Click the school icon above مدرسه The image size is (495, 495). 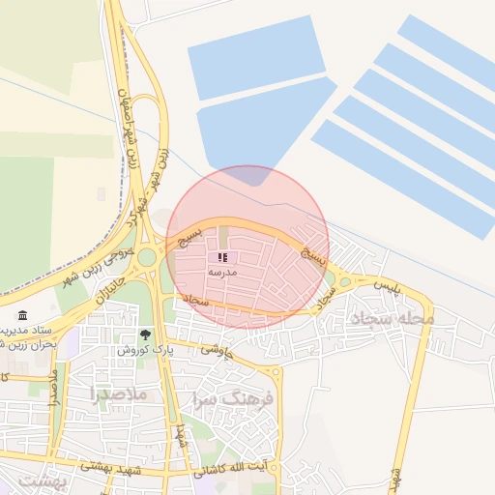(223, 258)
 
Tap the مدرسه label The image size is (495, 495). (222, 274)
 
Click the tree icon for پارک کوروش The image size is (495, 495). (145, 335)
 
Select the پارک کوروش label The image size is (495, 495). (142, 350)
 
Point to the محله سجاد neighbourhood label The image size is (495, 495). (393, 318)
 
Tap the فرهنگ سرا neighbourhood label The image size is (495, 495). (235, 397)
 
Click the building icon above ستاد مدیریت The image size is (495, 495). (22, 315)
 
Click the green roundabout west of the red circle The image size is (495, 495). (147, 256)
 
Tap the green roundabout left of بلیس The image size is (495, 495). (345, 282)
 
